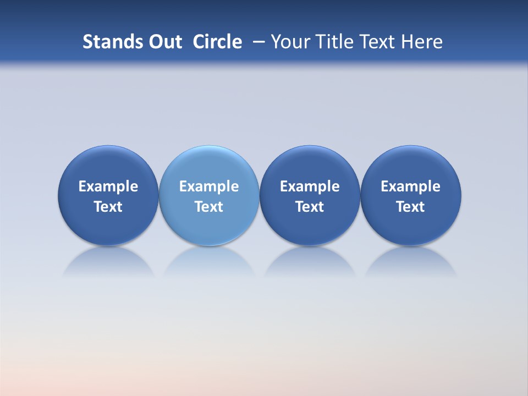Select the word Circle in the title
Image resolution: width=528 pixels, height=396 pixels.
(x=217, y=42)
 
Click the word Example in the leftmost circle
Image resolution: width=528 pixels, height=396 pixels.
(x=108, y=186)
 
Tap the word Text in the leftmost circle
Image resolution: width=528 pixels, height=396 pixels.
(x=108, y=207)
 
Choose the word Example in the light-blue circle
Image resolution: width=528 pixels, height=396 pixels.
(x=209, y=186)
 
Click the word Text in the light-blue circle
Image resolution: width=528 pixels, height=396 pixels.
(x=209, y=207)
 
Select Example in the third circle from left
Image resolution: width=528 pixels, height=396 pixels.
(x=310, y=186)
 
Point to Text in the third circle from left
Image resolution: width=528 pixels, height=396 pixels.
(x=310, y=207)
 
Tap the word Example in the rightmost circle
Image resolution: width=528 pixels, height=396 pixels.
(x=410, y=186)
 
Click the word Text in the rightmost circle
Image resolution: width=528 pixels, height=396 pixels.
(x=410, y=207)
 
